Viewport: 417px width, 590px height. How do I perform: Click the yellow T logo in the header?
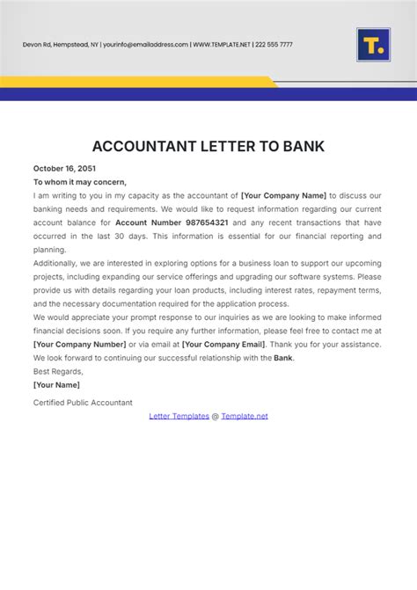[x=373, y=44]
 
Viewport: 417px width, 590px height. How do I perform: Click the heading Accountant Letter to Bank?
[x=208, y=145]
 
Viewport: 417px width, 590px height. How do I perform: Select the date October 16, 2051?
[x=64, y=168]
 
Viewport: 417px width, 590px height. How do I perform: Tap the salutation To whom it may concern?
[x=80, y=182]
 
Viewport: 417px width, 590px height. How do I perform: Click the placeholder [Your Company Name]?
[x=283, y=195]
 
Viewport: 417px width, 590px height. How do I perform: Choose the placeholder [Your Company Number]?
[x=79, y=345]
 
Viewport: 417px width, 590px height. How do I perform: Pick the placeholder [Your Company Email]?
[x=223, y=345]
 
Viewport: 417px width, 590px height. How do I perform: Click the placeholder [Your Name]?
[x=56, y=385]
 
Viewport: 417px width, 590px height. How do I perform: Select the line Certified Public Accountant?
[x=83, y=403]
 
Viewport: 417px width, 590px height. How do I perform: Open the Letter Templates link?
[x=179, y=416]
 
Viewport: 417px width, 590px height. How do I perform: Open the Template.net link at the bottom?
[x=245, y=416]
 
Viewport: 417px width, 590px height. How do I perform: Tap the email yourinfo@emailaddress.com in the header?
[x=146, y=44]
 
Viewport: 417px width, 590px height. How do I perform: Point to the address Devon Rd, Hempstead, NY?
[x=60, y=44]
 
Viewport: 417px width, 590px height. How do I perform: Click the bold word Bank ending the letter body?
[x=282, y=358]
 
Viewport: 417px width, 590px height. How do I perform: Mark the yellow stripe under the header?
[x=132, y=82]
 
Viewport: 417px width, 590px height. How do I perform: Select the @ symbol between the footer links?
[x=216, y=416]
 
